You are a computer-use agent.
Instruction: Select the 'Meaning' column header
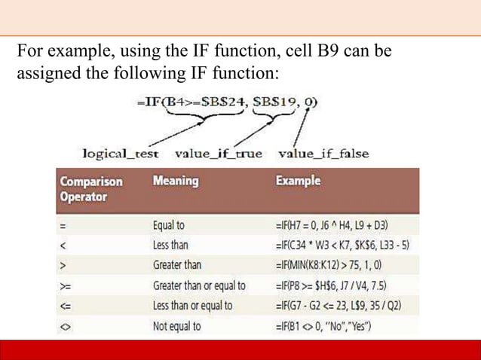coord(175,182)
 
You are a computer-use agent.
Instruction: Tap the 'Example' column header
coord(299,182)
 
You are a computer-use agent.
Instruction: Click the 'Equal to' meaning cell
coord(169,224)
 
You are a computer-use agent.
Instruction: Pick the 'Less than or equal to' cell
coord(192,306)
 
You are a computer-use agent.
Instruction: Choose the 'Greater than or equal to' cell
coord(198,285)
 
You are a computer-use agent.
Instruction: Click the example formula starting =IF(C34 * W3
coord(344,245)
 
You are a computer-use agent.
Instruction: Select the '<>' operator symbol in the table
coord(66,326)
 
